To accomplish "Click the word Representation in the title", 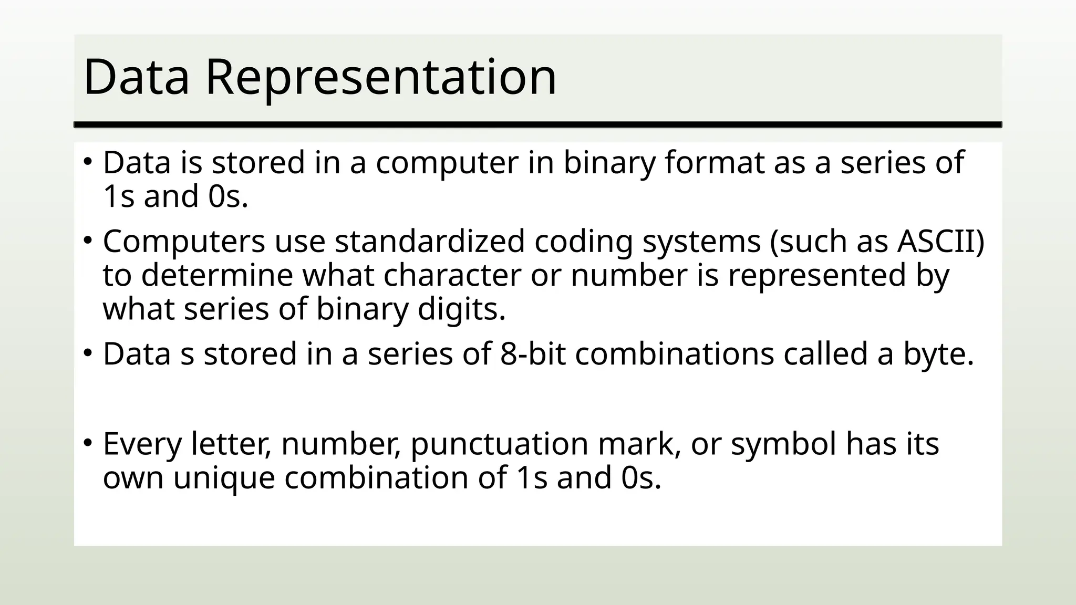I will click(381, 78).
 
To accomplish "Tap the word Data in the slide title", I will click(136, 78).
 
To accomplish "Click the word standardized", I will click(429, 242).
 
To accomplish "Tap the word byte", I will click(938, 354).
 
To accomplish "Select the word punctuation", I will click(499, 444).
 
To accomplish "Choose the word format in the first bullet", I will click(714, 163).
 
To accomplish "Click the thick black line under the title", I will click(537, 124).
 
